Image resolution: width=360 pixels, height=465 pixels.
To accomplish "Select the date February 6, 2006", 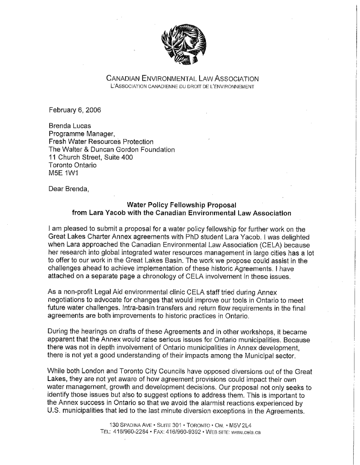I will (75, 109).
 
